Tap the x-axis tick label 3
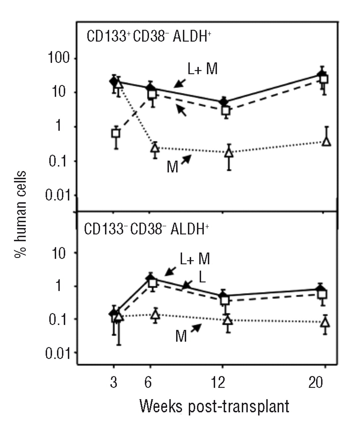tap(113, 383)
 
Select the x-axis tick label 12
tap(219, 383)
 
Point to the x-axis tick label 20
tap(316, 383)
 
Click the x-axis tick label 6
tap(148, 383)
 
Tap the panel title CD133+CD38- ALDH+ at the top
tap(149, 36)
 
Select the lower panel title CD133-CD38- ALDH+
tap(146, 229)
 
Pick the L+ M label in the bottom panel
tap(195, 259)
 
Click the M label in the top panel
tap(172, 167)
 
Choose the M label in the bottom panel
tap(181, 337)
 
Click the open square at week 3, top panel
tap(116, 133)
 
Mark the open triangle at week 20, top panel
tap(327, 141)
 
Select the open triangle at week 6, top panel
tap(155, 147)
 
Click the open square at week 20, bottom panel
tap(323, 294)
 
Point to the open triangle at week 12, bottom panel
tap(227, 320)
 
